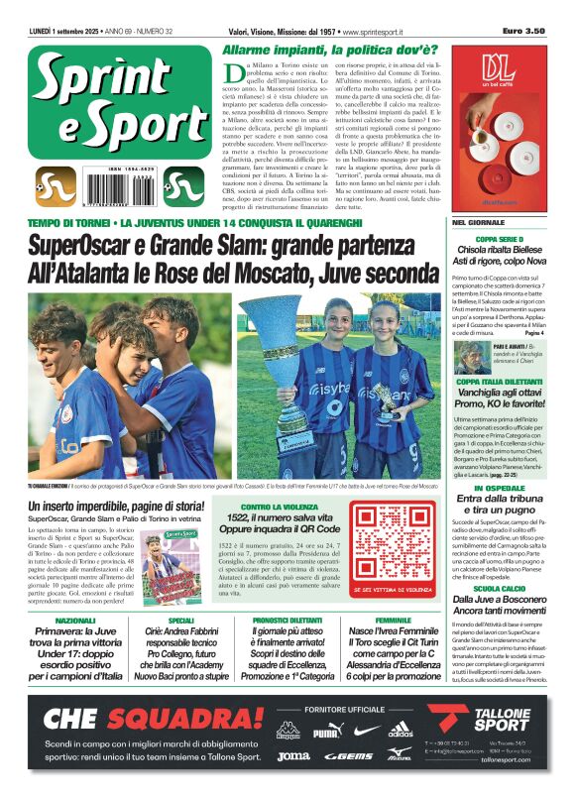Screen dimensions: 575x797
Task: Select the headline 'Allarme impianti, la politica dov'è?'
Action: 328,50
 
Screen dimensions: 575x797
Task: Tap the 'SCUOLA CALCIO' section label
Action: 499,588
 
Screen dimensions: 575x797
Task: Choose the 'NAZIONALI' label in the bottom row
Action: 75,620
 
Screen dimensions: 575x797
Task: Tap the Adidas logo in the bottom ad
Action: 400,733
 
